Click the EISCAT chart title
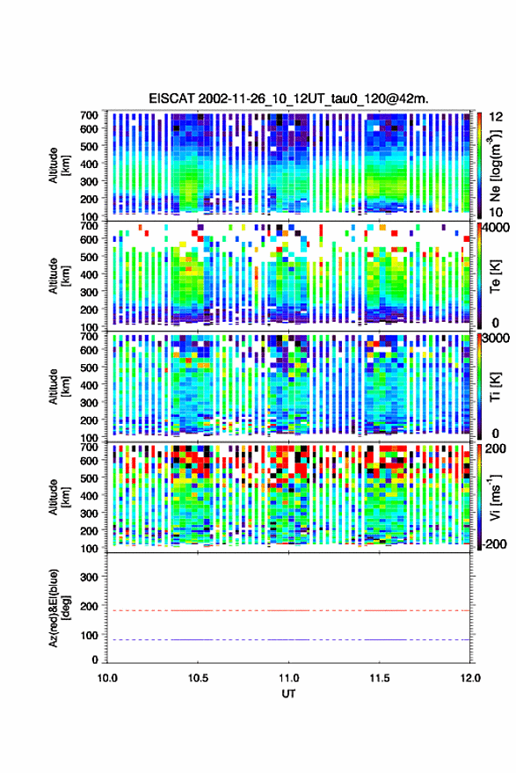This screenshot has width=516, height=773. coord(289,98)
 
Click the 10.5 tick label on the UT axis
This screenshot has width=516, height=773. coord(198,678)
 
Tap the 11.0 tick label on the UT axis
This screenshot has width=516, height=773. coord(289,678)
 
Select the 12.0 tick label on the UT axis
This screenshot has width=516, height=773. coord(470,678)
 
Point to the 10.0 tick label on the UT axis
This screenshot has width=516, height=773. coord(107,678)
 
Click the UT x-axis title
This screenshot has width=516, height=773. coord(289,694)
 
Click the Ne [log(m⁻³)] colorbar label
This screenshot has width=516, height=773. coord(495,165)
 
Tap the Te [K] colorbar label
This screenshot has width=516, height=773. coord(495,276)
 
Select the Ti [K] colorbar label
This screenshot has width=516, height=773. coord(495,387)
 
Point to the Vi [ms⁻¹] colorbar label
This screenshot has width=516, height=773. coord(495,497)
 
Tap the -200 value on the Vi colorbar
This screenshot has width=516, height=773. coord(494,544)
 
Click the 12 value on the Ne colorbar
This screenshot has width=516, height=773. coord(496,117)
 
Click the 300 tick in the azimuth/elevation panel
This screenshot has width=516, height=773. coord(89,577)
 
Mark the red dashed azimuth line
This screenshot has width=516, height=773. coord(288,610)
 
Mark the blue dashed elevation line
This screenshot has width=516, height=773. coord(288,639)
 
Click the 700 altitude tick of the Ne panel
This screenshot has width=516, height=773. coord(89,115)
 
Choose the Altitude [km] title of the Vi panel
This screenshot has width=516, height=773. coord(59,497)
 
